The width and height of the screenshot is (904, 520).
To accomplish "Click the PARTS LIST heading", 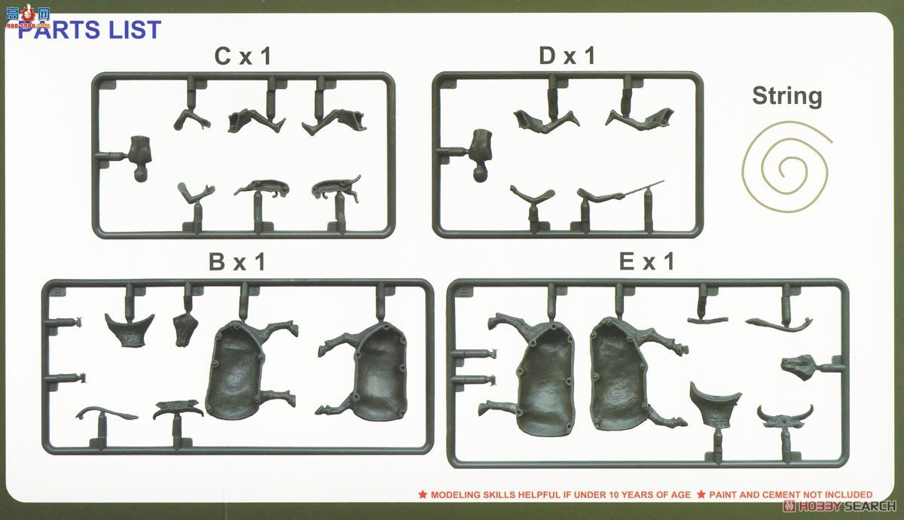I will (x=89, y=30).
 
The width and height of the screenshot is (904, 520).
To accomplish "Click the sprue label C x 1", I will (x=242, y=57).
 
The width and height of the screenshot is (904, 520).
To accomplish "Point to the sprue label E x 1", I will (x=646, y=262).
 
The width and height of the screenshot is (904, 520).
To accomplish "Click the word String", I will (x=786, y=96).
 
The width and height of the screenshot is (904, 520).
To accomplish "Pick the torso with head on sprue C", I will (x=140, y=158).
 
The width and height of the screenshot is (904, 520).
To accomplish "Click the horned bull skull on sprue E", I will (x=785, y=415).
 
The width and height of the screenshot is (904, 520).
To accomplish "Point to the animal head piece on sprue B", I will (x=185, y=330).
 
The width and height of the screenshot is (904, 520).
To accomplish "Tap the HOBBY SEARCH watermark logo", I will (x=836, y=506).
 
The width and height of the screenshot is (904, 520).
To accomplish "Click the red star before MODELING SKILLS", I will (x=423, y=494).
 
